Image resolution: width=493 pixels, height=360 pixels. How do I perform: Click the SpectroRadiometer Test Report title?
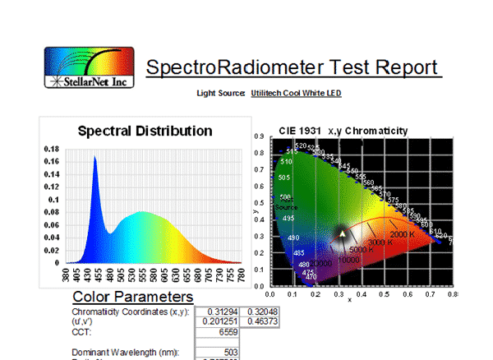tap(293, 67)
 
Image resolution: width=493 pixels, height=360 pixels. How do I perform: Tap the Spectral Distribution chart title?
tap(145, 131)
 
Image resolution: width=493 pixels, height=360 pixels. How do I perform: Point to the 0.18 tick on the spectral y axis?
tap(52, 150)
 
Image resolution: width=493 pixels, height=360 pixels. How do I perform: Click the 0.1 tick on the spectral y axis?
tap(55, 200)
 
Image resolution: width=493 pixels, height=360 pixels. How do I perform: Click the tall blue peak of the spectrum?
tap(95, 160)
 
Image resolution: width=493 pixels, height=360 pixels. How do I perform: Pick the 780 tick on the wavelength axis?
tap(242, 275)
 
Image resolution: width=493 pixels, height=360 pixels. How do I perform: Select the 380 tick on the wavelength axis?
tap(67, 275)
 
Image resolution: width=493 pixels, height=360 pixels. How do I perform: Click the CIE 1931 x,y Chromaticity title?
tap(342, 132)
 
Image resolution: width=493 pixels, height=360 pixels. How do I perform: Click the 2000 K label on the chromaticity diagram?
tap(402, 234)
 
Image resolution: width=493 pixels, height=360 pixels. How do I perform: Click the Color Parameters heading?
tap(133, 297)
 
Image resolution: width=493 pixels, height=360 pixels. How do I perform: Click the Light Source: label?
tap(220, 93)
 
